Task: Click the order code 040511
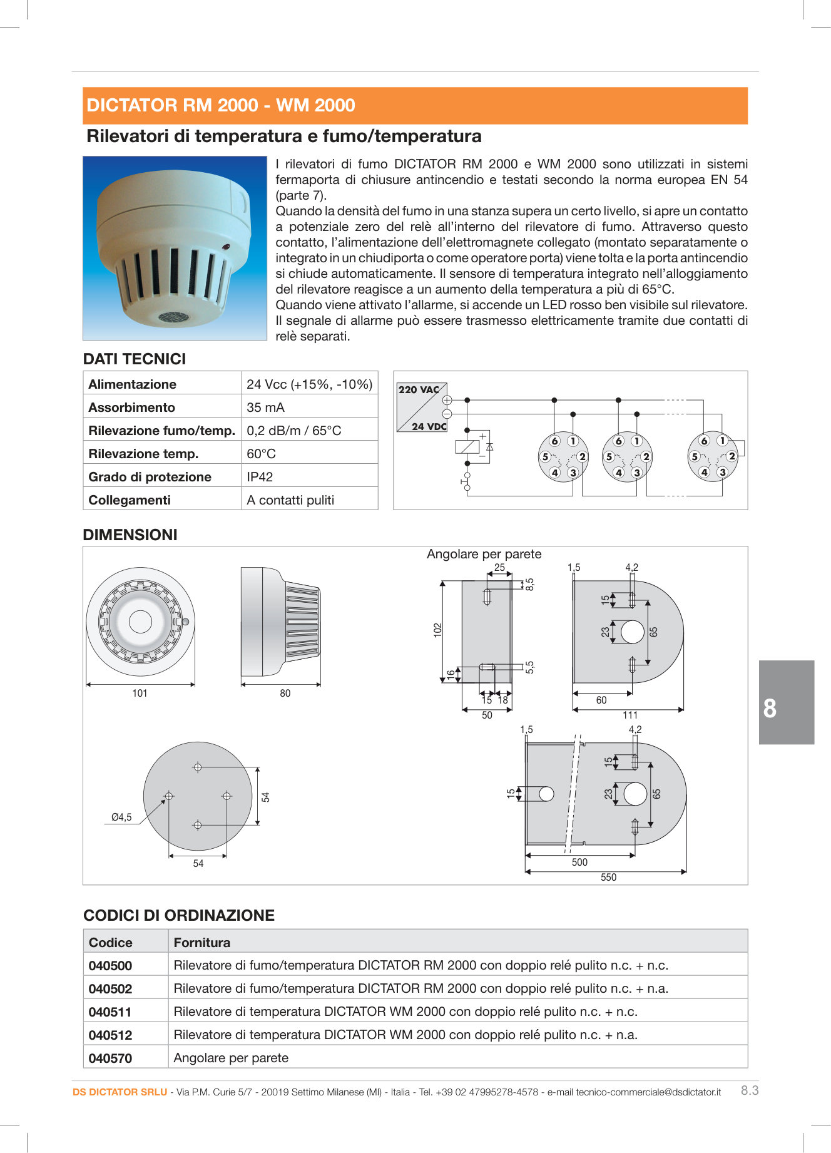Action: point(110,1012)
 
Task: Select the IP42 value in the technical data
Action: point(260,477)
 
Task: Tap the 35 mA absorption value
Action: point(265,407)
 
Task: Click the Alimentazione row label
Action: point(132,384)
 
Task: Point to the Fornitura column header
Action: point(201,943)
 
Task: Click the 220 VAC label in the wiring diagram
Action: point(419,389)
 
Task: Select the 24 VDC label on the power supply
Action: point(429,427)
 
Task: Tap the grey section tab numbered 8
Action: point(786,702)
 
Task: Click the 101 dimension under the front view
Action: point(140,693)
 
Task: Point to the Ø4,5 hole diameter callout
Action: point(121,817)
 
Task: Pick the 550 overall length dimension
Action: point(608,878)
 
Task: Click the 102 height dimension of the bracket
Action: point(437,630)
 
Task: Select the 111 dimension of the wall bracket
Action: point(630,715)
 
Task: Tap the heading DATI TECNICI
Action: point(135,359)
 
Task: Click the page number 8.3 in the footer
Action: point(750,1090)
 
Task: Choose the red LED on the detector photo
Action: point(225,247)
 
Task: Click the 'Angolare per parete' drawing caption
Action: point(484,554)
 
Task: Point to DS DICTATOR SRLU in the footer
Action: point(120,1092)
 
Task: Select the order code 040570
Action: point(110,1058)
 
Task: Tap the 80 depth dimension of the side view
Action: point(285,693)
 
